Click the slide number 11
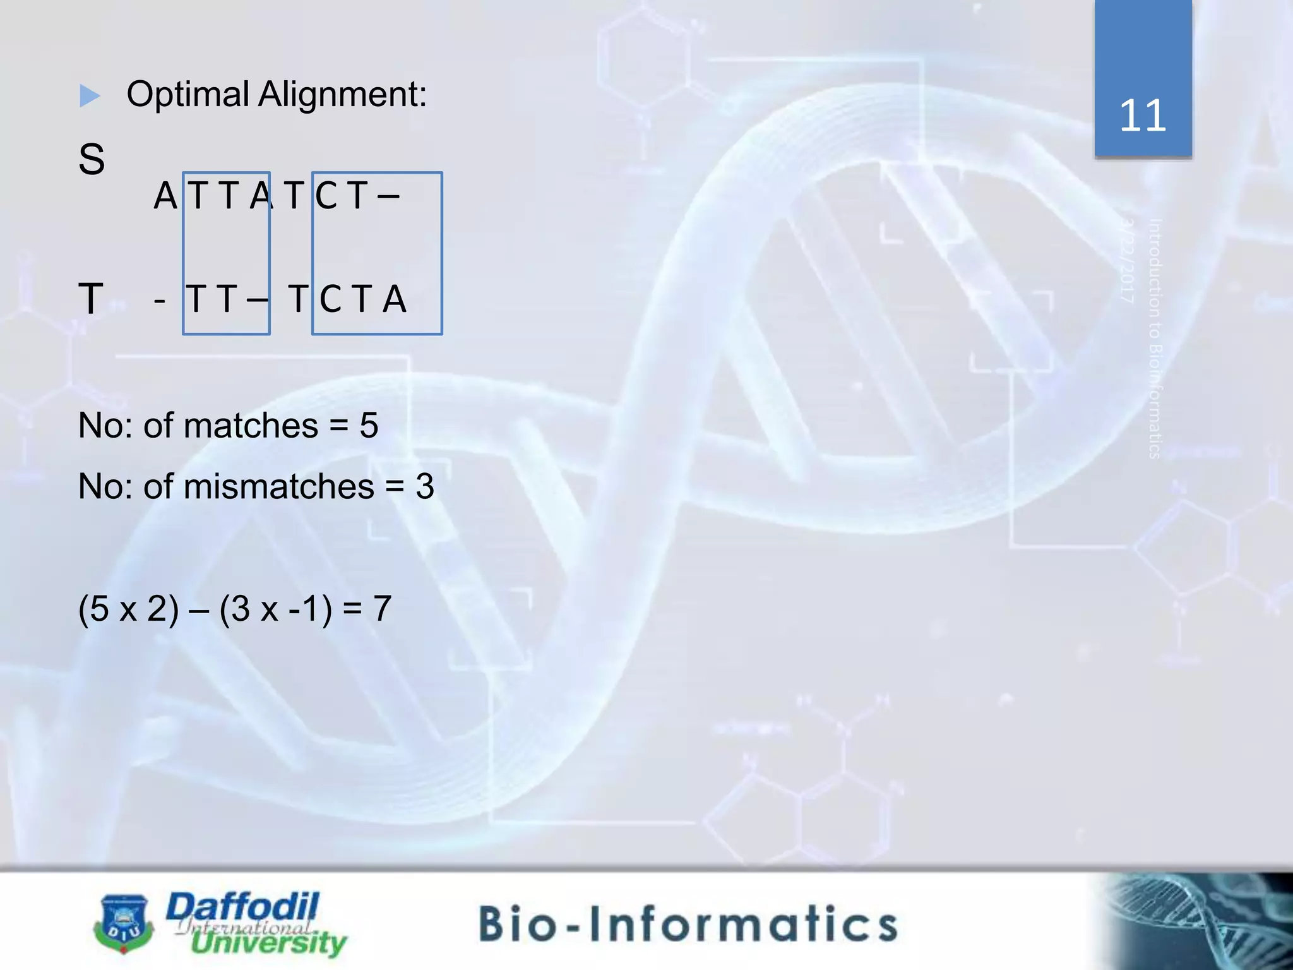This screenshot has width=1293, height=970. [1142, 116]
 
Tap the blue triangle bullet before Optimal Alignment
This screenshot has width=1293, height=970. [90, 96]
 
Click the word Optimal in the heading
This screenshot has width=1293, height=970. [188, 95]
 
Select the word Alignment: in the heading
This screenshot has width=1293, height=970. [342, 95]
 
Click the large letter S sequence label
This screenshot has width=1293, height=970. [92, 159]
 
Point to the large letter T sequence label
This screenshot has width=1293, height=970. [91, 298]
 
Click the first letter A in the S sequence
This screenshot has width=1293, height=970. [165, 196]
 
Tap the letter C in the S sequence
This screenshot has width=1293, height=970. [326, 196]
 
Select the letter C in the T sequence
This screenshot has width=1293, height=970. [331, 299]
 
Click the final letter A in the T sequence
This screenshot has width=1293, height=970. [395, 299]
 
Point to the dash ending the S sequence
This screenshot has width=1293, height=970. [388, 196]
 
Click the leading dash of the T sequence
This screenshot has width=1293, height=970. [160, 299]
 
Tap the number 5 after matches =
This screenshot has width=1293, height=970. [369, 426]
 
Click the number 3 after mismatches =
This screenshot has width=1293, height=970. [425, 487]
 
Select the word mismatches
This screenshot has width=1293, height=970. [278, 487]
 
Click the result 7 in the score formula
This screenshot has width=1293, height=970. [382, 609]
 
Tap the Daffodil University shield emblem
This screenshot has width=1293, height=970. [124, 923]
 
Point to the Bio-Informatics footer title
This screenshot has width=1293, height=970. [688, 923]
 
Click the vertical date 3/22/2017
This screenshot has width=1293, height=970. [1128, 260]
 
